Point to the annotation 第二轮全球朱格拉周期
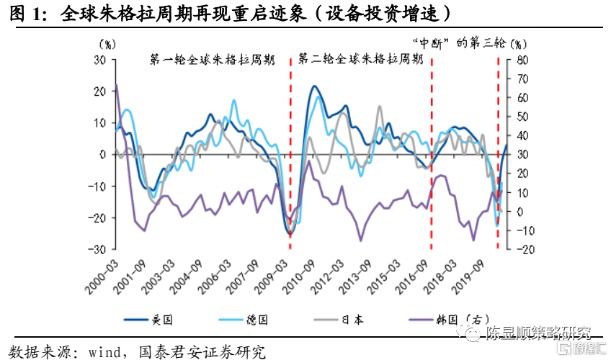pyautogui.click(x=360, y=58)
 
